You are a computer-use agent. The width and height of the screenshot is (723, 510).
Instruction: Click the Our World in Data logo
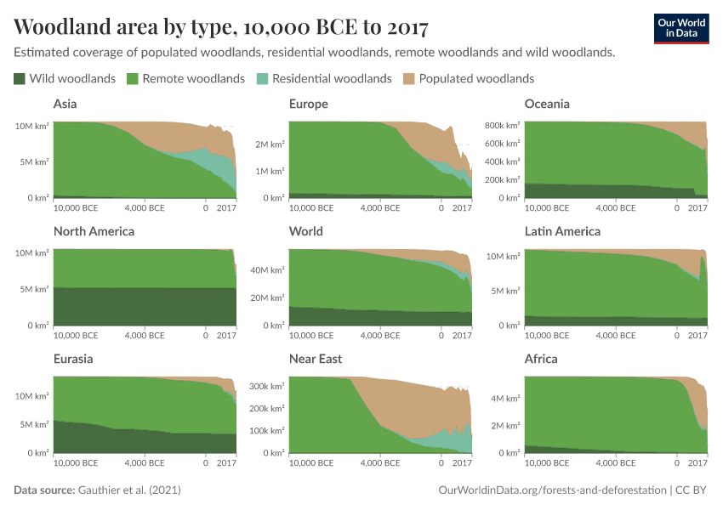[x=680, y=27]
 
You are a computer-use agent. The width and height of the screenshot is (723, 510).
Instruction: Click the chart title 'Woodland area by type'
[x=220, y=27]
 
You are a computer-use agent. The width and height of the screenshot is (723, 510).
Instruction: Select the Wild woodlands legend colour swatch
[x=20, y=78]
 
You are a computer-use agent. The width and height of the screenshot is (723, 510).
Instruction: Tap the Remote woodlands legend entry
[x=185, y=78]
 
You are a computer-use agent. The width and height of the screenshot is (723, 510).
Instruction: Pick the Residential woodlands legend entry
[x=325, y=78]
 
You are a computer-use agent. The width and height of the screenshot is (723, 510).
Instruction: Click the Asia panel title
[x=67, y=104]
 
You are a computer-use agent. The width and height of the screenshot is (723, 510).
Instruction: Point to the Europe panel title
[x=308, y=104]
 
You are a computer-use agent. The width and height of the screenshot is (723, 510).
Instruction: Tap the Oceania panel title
[x=547, y=104]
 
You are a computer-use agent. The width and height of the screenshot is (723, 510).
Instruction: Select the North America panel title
[x=94, y=231]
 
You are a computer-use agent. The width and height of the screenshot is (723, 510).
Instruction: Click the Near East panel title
[x=316, y=359]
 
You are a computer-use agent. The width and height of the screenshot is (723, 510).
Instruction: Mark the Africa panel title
[x=541, y=359]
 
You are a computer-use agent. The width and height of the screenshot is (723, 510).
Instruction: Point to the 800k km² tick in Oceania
[x=502, y=125]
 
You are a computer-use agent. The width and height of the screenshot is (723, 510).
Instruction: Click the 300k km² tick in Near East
[x=266, y=386]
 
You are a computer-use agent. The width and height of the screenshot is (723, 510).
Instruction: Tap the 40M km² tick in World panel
[x=269, y=270]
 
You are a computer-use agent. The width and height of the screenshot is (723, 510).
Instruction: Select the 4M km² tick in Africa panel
[x=505, y=398]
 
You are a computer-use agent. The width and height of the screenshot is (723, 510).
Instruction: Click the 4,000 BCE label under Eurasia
[x=145, y=463]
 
